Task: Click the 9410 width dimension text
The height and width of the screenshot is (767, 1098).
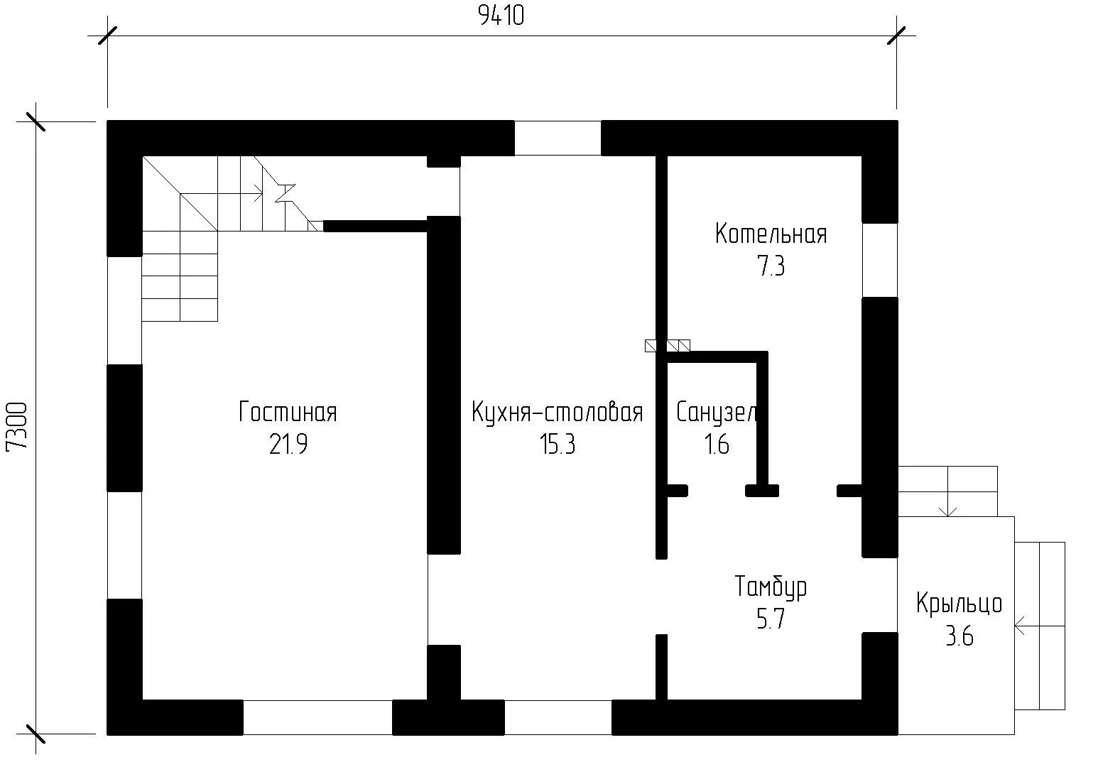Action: point(501,16)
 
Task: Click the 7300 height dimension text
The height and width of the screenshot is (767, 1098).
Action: point(16,426)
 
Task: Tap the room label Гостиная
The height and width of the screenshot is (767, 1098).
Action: point(288,412)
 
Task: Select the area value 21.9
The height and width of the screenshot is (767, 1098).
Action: point(288,445)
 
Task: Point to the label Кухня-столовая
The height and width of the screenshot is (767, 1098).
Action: point(558,412)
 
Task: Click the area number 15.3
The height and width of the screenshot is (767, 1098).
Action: point(558,445)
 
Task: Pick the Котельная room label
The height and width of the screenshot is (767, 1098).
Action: point(771,234)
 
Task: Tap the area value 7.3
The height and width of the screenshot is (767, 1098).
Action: point(771,266)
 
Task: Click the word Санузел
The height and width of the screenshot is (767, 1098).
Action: point(717,412)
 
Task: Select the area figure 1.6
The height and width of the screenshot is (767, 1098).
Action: point(717,445)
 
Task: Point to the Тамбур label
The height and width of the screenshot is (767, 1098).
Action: point(771,587)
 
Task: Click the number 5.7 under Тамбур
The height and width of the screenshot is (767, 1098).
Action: point(771,619)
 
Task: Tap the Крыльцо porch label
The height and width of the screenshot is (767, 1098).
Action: point(960,604)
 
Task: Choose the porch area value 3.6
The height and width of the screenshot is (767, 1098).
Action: point(960,636)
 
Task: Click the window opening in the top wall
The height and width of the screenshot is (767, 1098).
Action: point(558,138)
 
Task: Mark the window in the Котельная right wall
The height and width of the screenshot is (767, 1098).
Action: point(880,260)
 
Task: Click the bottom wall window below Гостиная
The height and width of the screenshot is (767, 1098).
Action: point(317,717)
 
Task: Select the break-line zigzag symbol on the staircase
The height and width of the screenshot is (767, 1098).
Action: point(285,193)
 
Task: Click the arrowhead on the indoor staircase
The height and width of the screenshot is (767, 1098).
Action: point(259,197)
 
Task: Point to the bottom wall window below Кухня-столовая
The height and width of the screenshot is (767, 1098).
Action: point(558,717)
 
